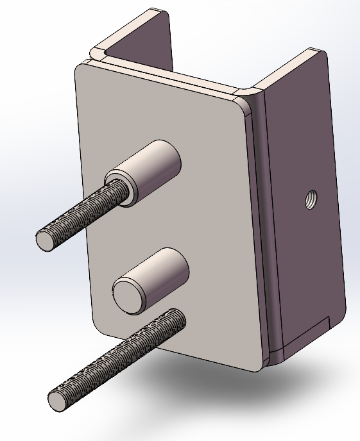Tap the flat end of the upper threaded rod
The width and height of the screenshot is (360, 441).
(x=46, y=240)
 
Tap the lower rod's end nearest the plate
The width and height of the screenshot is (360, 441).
(x=176, y=316)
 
